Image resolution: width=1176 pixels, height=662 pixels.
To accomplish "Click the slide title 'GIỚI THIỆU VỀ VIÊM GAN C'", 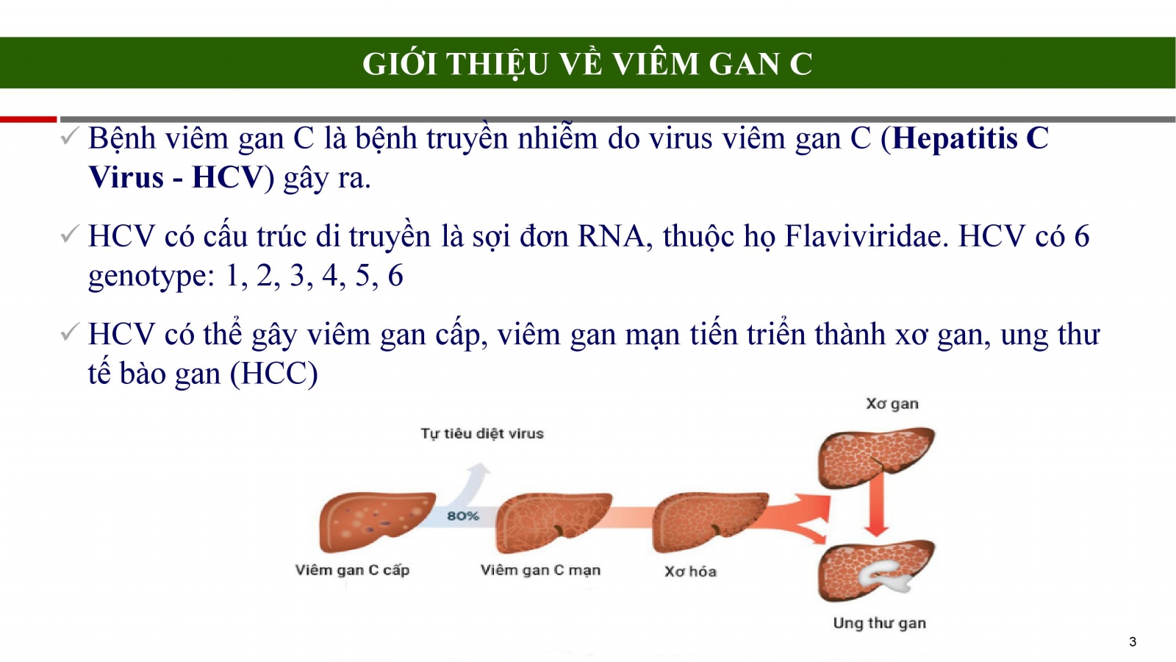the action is click(x=587, y=63).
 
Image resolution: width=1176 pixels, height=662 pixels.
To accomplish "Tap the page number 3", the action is click(x=1133, y=641).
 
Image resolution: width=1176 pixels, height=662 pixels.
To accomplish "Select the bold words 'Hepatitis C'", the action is click(x=970, y=138).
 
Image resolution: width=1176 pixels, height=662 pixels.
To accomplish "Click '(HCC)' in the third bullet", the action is click(x=273, y=374).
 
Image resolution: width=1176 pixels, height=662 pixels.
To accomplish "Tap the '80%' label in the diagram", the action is click(x=462, y=516).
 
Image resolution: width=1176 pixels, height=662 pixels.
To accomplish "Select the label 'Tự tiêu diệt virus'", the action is click(x=482, y=433).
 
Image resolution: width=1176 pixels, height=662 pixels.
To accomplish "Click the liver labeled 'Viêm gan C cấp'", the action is click(x=376, y=522).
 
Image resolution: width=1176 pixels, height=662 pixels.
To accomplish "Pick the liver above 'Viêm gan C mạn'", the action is click(x=553, y=522).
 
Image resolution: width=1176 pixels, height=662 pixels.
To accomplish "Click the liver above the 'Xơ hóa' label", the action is click(x=709, y=522).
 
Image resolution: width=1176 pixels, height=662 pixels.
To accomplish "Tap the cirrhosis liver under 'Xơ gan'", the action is click(x=876, y=457).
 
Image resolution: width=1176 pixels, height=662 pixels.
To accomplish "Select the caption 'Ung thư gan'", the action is click(x=879, y=623).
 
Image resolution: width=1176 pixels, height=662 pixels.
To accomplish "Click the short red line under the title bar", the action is click(x=29, y=120).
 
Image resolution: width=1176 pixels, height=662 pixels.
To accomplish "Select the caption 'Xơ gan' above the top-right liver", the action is click(x=892, y=404).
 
